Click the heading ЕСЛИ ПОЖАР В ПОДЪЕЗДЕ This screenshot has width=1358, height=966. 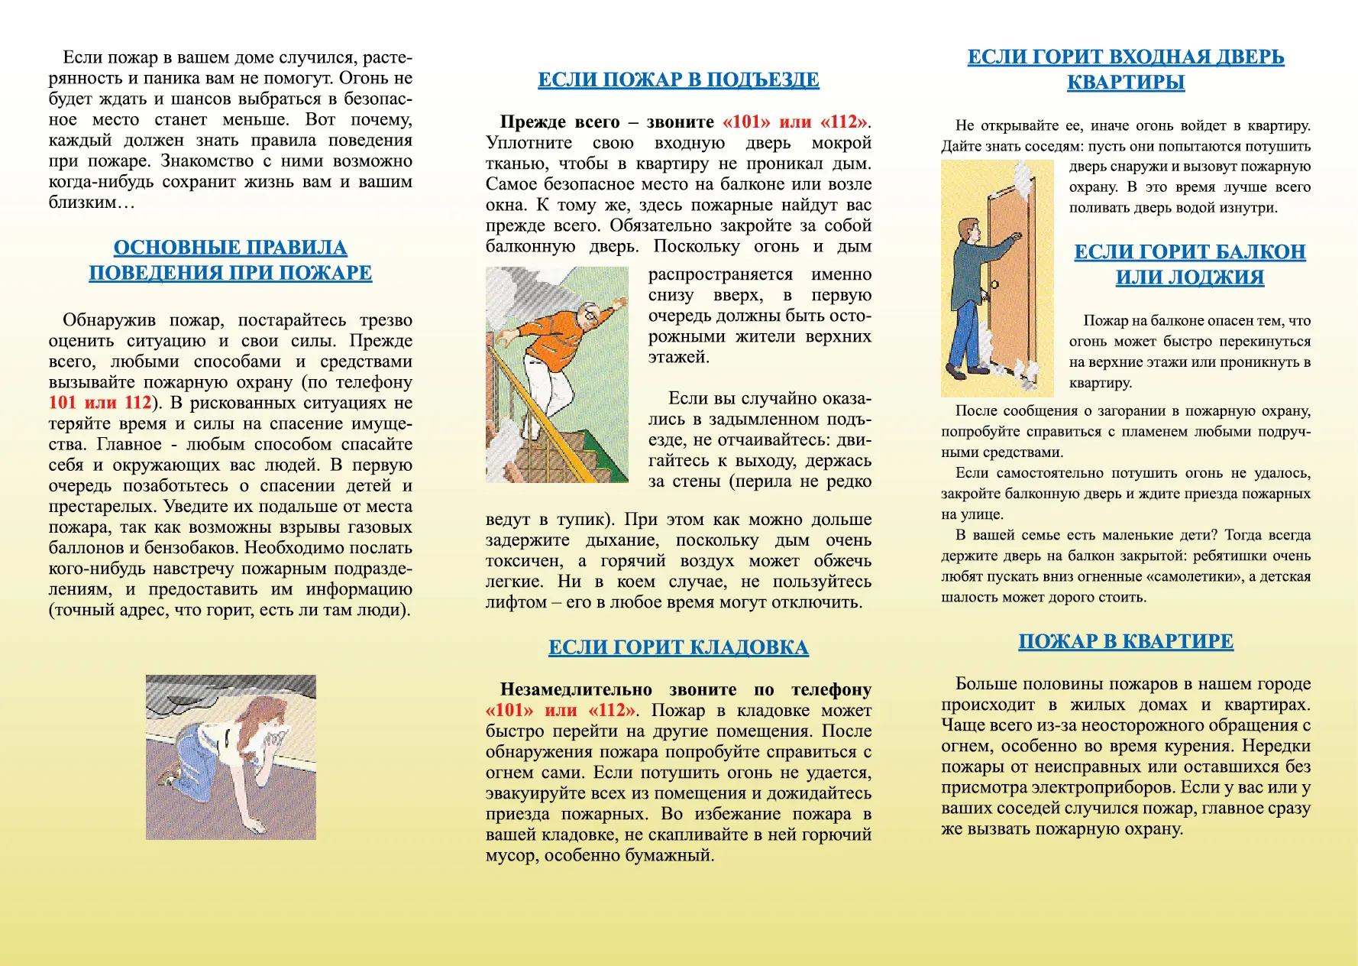tap(678, 80)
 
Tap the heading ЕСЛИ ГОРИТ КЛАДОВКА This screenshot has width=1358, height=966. tap(678, 648)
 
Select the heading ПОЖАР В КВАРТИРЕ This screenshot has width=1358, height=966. tap(1126, 642)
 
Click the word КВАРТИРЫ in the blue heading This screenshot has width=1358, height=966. tap(1126, 83)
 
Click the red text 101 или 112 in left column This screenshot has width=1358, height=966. tap(100, 403)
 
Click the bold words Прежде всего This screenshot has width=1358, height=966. tap(560, 122)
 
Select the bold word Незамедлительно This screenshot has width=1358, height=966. tap(576, 690)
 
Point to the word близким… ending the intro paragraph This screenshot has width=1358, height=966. tap(92, 203)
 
